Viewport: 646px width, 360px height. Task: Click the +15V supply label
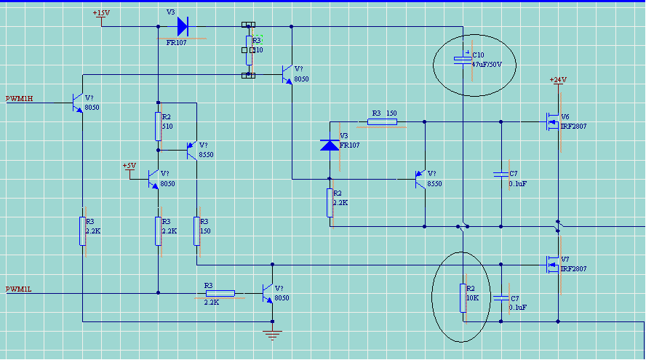(101, 13)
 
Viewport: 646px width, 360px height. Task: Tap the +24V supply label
(558, 79)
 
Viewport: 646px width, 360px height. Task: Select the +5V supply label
(129, 166)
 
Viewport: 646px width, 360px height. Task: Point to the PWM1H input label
(20, 98)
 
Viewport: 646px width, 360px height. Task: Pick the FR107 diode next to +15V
(182, 28)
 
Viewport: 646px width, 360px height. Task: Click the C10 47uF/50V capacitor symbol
(463, 59)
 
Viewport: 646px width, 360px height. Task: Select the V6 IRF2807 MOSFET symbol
(553, 121)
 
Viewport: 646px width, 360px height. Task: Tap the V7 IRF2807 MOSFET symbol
(553, 263)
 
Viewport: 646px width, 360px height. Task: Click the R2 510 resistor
(158, 127)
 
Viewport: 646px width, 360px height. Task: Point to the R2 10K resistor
(463, 298)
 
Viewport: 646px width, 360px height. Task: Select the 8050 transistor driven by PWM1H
(79, 103)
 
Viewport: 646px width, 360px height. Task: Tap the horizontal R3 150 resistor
(383, 121)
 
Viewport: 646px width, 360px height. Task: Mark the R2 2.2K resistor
(330, 203)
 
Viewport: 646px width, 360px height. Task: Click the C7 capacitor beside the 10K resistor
(501, 298)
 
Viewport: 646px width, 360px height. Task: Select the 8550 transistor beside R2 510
(192, 150)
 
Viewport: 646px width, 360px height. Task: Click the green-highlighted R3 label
(257, 40)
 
